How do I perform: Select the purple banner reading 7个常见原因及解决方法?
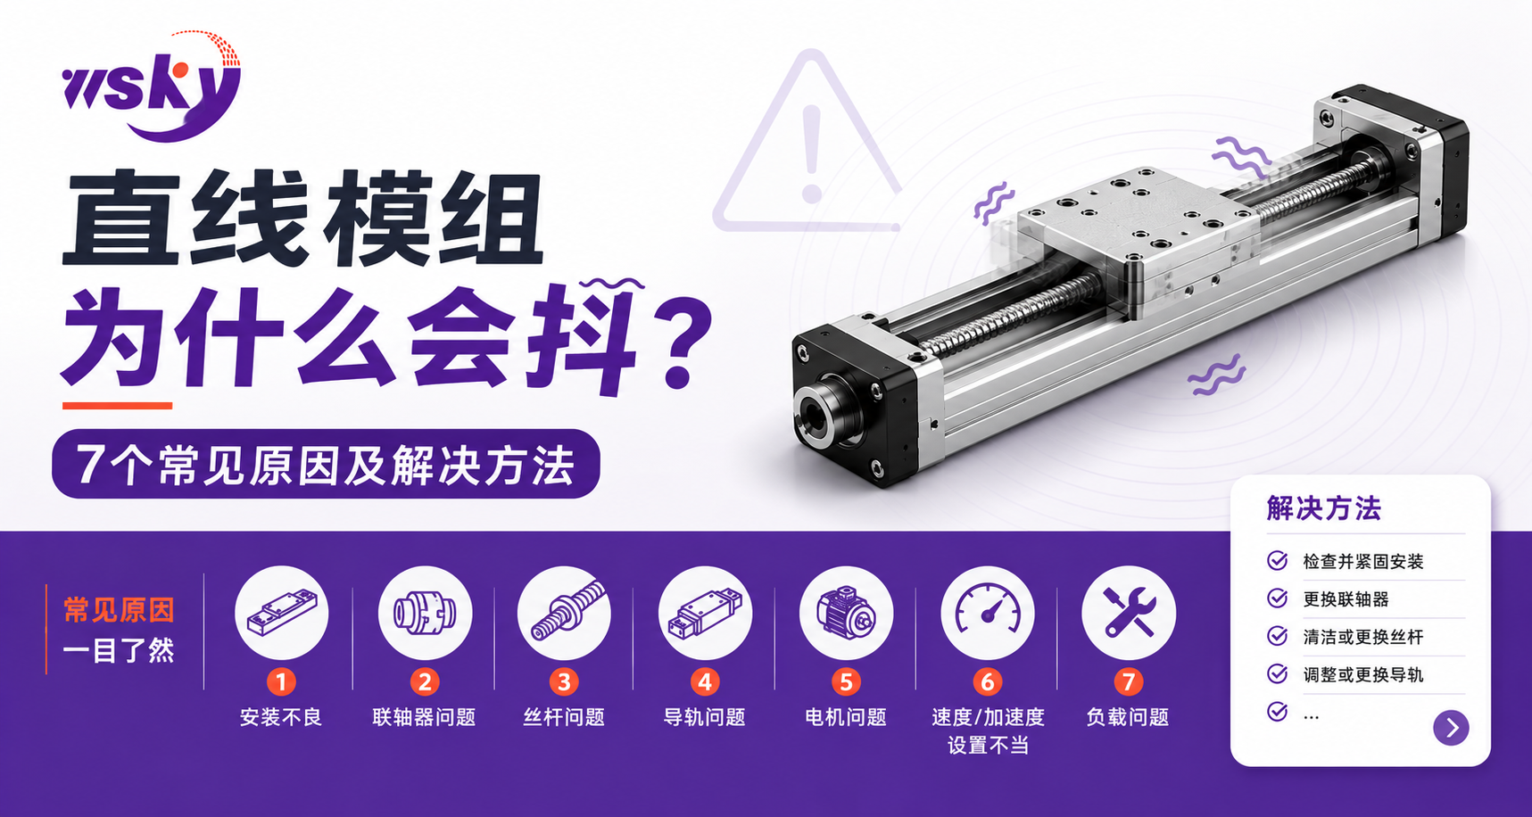(x=326, y=464)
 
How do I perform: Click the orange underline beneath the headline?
(x=117, y=406)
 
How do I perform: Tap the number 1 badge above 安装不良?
(x=281, y=682)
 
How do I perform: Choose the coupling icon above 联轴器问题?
(x=425, y=614)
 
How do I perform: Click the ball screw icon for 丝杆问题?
(x=564, y=614)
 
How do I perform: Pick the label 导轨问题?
(x=704, y=717)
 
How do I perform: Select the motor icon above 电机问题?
(x=846, y=614)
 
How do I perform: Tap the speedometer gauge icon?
(x=988, y=614)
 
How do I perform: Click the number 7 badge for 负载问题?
(x=1129, y=682)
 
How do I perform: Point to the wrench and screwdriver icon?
(x=1129, y=614)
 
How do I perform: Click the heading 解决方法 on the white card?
(x=1324, y=508)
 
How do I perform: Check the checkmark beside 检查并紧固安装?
(x=1278, y=560)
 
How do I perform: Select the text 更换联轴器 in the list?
(x=1346, y=599)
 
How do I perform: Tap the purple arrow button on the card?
(x=1451, y=728)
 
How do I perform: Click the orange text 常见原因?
(x=119, y=610)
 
